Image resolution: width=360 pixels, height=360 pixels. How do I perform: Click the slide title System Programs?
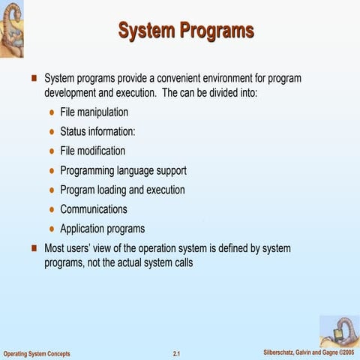pos(186,31)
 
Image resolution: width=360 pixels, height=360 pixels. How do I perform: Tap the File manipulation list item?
pos(94,112)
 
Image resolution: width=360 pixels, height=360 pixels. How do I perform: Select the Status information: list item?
pos(97,131)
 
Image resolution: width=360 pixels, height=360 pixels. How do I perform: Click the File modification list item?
pos(92,151)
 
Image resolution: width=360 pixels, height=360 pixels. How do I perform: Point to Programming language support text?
pos(123,170)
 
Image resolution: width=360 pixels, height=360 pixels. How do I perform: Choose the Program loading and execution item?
pos(122,190)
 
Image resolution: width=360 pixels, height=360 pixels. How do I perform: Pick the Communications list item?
pos(94,209)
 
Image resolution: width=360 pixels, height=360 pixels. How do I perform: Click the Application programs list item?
pos(102,229)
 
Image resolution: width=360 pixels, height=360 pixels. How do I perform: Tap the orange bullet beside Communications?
pos(51,210)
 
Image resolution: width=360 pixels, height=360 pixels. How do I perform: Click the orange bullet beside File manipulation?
pos(51,112)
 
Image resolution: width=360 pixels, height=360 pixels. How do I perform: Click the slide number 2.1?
pos(177,352)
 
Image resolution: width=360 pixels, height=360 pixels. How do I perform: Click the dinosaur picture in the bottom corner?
pos(339,331)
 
